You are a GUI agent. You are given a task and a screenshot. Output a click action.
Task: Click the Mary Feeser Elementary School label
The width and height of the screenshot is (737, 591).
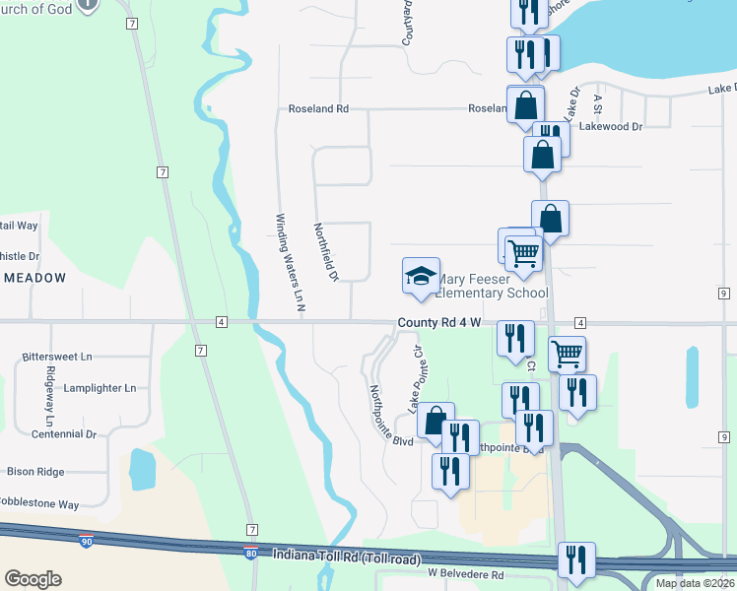pos(493,286)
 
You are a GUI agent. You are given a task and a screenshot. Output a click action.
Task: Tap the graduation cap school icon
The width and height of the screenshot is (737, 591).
pos(421,276)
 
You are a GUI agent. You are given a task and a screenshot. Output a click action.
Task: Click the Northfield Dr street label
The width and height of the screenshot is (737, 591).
pos(326,251)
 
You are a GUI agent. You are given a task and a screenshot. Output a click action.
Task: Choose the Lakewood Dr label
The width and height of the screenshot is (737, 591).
pos(611,127)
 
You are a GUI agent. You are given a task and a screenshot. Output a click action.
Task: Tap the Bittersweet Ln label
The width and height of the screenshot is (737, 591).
pos(57,357)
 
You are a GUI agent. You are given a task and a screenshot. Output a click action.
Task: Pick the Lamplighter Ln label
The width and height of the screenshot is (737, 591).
pos(99,388)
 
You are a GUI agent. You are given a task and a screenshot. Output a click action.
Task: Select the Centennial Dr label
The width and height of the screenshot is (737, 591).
pos(63,433)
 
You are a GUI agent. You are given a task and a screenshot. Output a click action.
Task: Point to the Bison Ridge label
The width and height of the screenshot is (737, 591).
pos(35,472)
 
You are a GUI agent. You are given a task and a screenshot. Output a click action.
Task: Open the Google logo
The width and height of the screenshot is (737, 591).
pos(33,579)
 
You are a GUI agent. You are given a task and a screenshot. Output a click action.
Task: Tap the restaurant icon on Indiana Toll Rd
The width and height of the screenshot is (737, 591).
pos(576,559)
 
